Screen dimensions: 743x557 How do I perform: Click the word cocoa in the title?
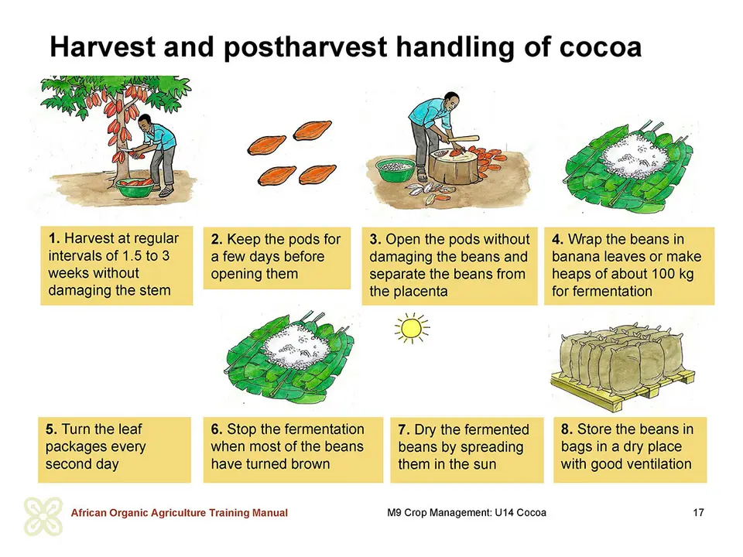pos(601,47)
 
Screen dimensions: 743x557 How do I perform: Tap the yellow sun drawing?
pos(411,328)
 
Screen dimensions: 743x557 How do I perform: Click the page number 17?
pos(698,512)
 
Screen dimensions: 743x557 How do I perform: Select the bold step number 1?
pos(53,238)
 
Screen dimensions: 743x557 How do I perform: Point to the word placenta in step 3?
pos(409,292)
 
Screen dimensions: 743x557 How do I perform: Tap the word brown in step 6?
pos(307,463)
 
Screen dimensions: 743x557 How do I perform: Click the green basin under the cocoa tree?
pos(135,188)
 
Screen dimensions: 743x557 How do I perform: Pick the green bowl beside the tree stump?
pos(395,170)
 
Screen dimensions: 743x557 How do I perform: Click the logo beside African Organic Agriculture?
pos(43,516)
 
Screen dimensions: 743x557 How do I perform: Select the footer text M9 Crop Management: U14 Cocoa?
pos(466,512)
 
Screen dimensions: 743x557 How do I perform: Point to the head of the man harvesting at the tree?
pos(146,123)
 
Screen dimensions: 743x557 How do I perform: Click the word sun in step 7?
pos(484,464)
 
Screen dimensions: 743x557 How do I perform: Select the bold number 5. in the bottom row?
pos(52,429)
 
